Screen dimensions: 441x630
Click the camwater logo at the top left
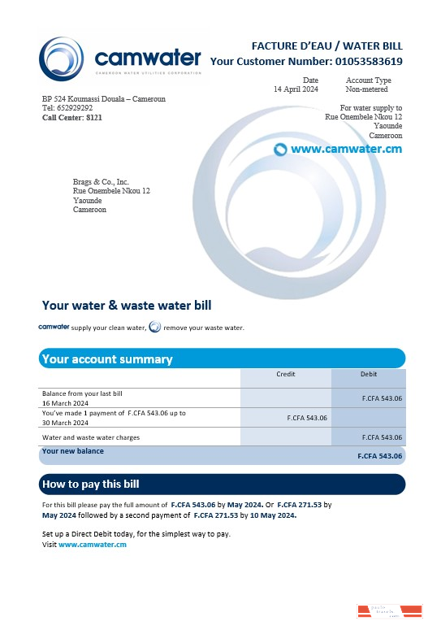(x=119, y=59)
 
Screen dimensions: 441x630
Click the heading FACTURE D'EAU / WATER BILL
(x=327, y=46)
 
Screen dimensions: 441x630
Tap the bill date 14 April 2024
(x=296, y=89)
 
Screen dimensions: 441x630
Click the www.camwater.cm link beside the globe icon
(x=346, y=149)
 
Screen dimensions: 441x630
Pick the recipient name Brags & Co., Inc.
(x=101, y=182)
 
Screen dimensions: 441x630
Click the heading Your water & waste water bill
(x=127, y=306)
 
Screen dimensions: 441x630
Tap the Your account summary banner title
(x=107, y=358)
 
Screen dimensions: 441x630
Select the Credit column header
(x=285, y=374)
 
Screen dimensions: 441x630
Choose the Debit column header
(x=369, y=374)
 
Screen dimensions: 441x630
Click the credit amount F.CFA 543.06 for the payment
(x=307, y=418)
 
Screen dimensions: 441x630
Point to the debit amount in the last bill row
(x=382, y=398)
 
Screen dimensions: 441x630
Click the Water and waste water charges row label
(x=91, y=437)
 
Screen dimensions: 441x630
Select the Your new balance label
(x=73, y=451)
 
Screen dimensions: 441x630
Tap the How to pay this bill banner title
(x=90, y=484)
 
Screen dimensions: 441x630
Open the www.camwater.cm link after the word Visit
(x=93, y=545)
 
